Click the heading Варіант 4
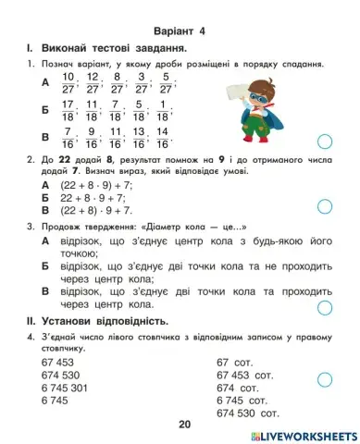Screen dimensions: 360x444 point(180,27)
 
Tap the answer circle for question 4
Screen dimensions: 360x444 point(323,379)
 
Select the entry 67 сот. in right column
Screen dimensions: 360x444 point(235,364)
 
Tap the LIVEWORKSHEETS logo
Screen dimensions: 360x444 point(300,434)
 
